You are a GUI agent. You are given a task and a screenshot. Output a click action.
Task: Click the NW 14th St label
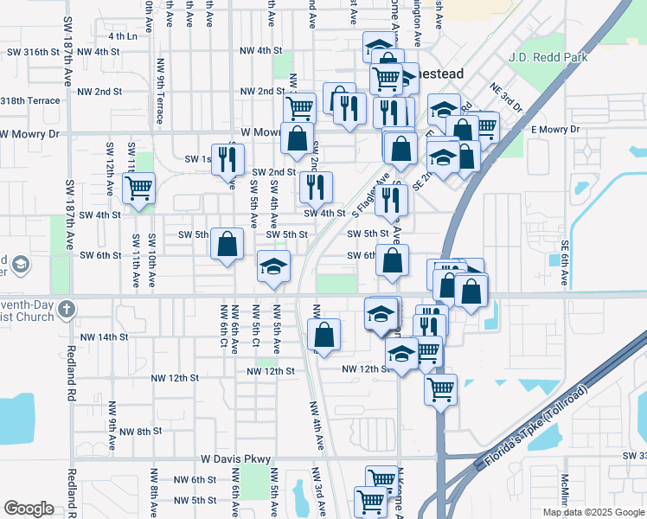pos(104,336)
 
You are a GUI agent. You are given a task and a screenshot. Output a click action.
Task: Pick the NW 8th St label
pos(141,431)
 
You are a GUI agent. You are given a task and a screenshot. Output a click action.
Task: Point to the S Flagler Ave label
pos(371,195)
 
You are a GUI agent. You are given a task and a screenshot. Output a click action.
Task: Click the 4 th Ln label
pos(122,36)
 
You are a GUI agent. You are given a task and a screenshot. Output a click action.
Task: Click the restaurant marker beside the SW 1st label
pos(227,158)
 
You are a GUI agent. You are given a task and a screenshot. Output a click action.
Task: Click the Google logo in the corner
pos(29,509)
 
